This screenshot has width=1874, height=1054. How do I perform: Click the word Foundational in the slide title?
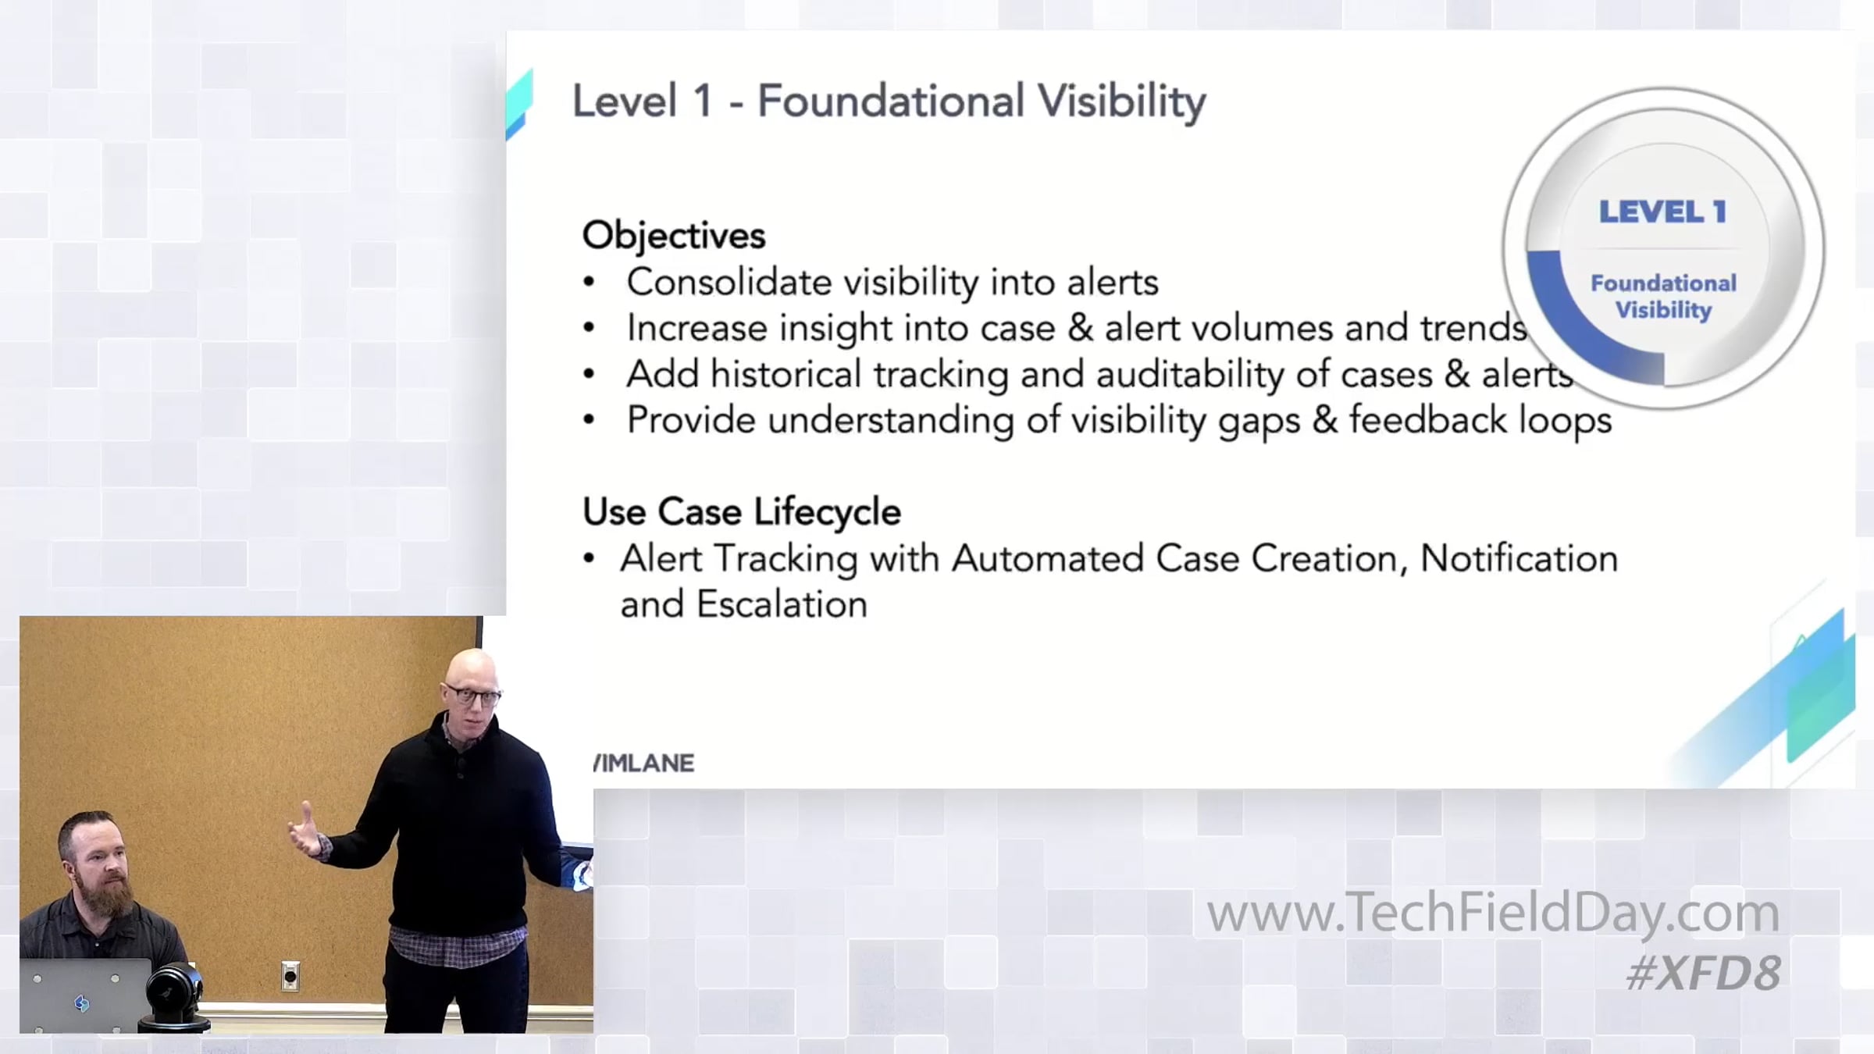(x=890, y=101)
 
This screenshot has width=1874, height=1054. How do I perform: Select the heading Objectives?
(x=674, y=235)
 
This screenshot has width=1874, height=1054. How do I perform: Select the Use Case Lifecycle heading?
(x=742, y=512)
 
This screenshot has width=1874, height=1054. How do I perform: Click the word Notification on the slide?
(x=1519, y=558)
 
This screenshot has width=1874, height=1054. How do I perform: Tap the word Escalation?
(x=782, y=605)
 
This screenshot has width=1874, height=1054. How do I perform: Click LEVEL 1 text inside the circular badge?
(x=1662, y=212)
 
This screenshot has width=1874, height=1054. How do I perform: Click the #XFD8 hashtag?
(x=1704, y=973)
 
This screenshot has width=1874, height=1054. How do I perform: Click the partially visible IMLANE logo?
(x=643, y=763)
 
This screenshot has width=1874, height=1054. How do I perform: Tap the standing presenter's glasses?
(x=474, y=695)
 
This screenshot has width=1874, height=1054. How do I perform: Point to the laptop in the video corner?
(x=84, y=995)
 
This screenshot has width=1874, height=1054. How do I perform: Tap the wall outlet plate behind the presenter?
(x=290, y=976)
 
